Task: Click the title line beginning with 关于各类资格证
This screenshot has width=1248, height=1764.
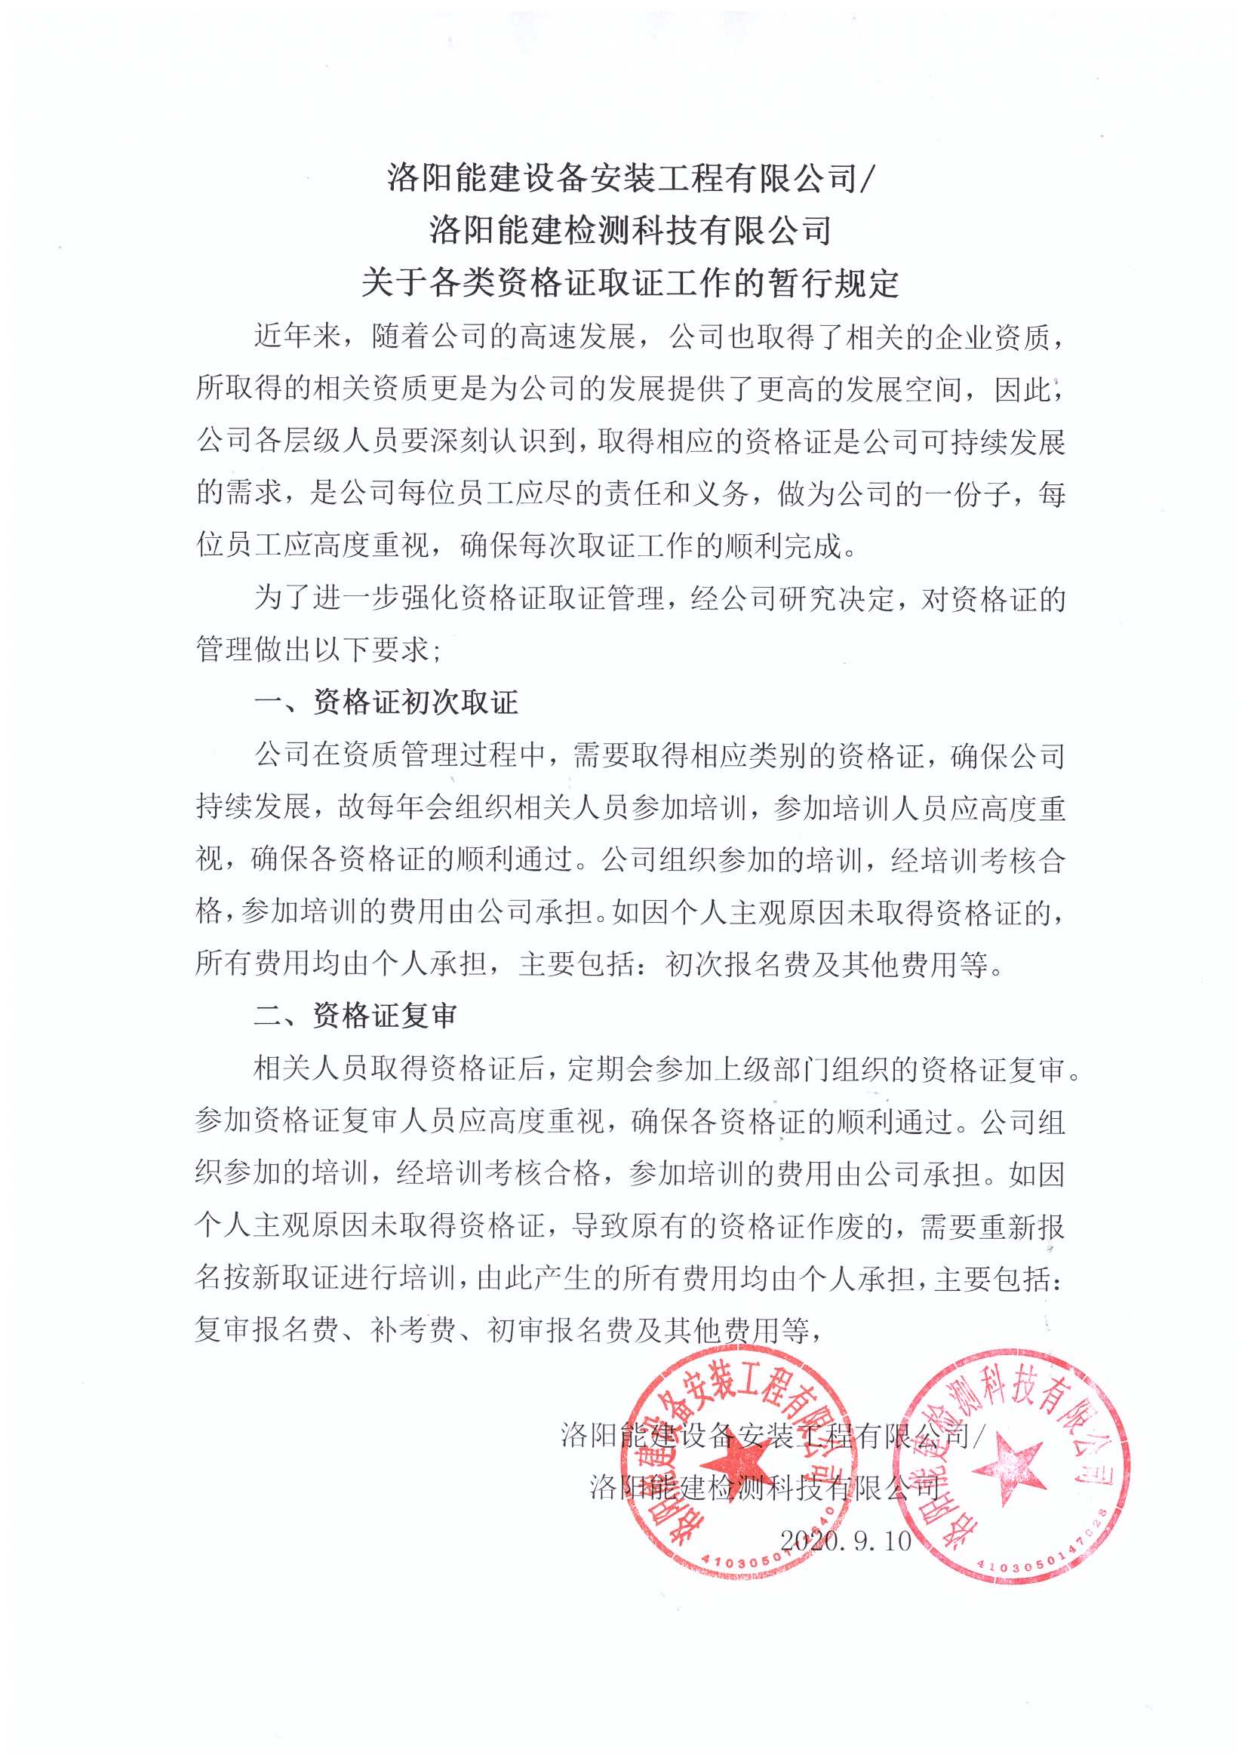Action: [630, 282]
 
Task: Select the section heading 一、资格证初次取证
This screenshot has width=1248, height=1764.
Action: [386, 702]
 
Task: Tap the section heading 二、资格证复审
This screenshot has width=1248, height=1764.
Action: [356, 1015]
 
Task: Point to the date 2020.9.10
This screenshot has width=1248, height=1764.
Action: [845, 1540]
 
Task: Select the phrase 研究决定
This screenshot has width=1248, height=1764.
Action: [838, 598]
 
